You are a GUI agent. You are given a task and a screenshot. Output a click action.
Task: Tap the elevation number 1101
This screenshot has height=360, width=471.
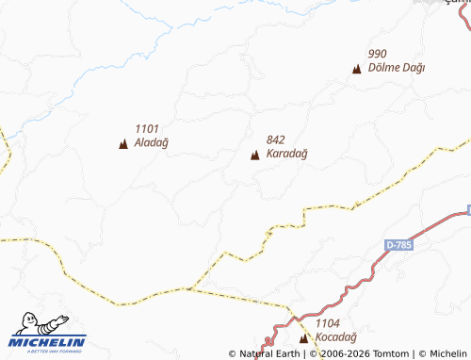(148, 129)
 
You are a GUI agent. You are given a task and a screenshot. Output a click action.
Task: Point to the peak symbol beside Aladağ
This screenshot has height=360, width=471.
(123, 144)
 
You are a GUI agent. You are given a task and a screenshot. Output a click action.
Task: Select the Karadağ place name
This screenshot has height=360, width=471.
(286, 154)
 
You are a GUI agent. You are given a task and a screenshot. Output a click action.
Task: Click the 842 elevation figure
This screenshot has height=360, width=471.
(276, 139)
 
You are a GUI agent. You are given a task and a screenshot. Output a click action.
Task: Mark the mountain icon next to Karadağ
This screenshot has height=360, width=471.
(255, 155)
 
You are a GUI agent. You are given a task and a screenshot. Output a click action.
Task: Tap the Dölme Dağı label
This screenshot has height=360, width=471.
(397, 68)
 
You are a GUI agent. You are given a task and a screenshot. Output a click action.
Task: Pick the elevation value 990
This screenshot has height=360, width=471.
(378, 54)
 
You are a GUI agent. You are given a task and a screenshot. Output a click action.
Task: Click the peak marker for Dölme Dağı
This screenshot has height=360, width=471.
(356, 69)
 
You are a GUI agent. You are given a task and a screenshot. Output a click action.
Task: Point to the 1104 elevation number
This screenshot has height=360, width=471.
(328, 322)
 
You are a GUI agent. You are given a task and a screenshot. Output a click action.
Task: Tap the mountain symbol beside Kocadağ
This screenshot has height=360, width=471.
(303, 337)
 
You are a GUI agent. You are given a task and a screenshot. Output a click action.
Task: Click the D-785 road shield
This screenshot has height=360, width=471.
(399, 245)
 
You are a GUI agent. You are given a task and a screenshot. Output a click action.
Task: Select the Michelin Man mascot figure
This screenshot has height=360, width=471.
(25, 324)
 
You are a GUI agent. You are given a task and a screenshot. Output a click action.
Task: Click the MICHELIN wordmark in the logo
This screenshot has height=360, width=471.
(48, 341)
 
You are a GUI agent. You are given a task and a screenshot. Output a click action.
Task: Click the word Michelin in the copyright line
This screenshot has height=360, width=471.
(447, 354)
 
